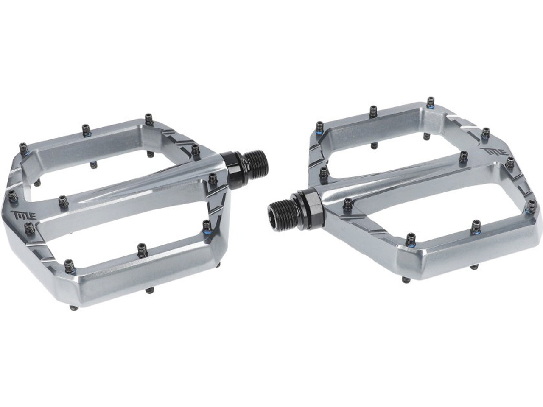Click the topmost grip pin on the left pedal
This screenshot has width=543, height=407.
tap(148, 120)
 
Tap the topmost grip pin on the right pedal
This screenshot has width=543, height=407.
tap(431, 102)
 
